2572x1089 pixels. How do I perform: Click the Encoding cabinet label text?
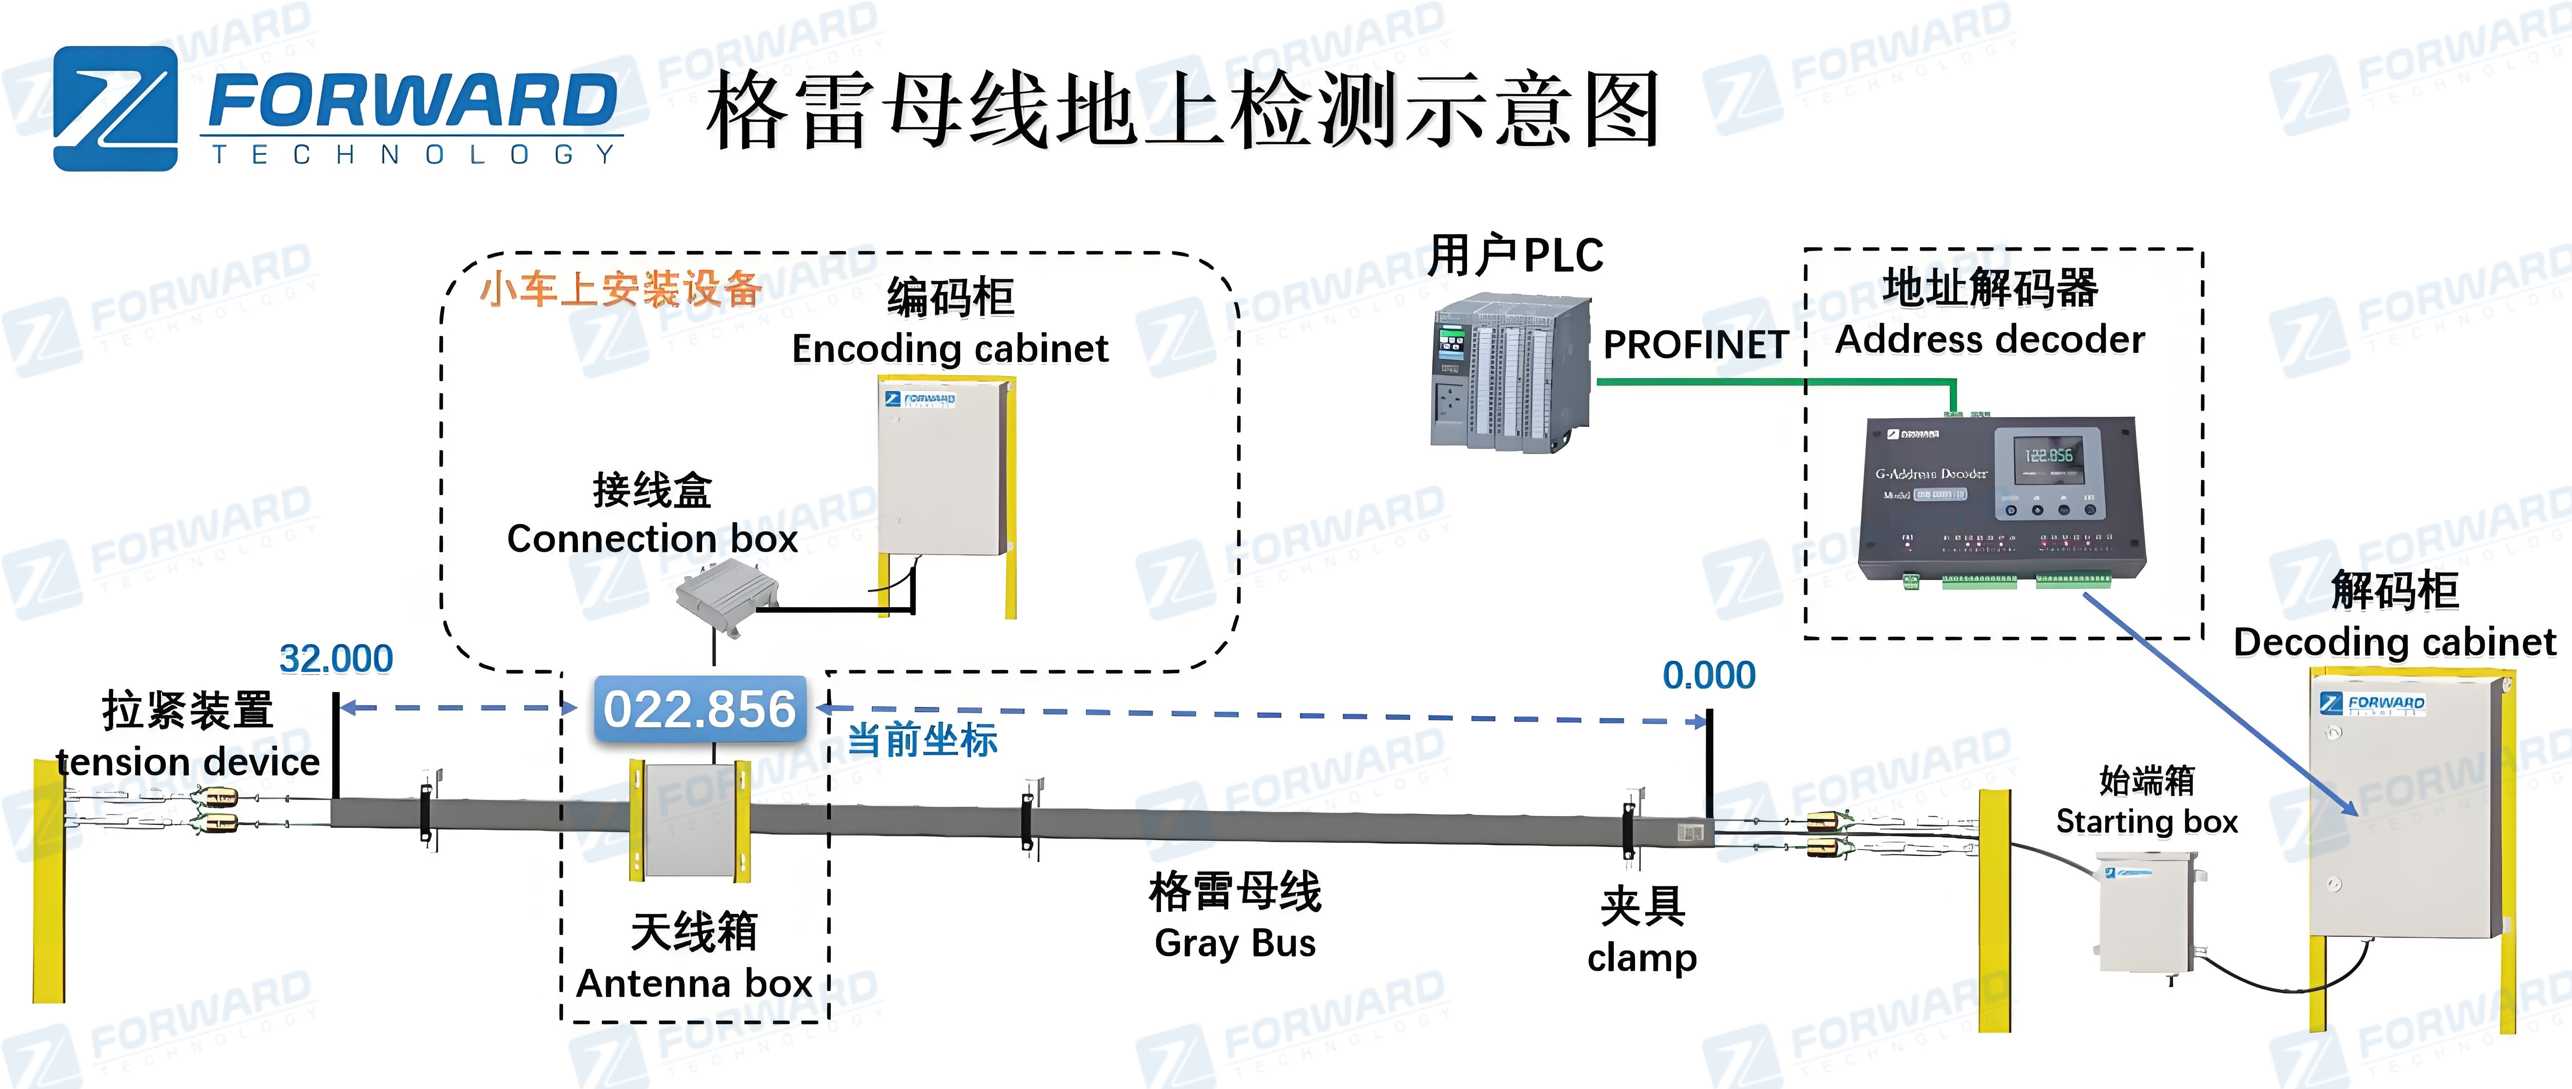[949, 348]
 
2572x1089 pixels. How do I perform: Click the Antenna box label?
[694, 983]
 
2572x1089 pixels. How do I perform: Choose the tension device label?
[188, 761]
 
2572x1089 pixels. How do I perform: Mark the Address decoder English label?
[1989, 339]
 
